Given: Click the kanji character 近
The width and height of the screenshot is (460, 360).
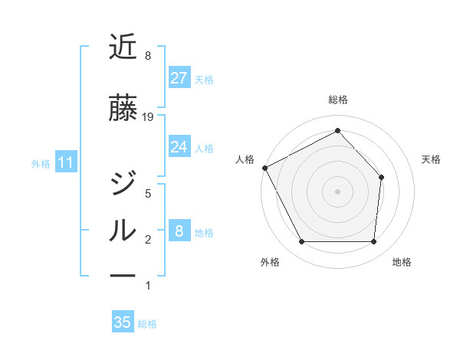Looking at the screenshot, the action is [123, 48].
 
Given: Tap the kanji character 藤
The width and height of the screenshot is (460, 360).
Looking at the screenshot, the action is [123, 108].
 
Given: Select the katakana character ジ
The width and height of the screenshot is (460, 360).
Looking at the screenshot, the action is [123, 184].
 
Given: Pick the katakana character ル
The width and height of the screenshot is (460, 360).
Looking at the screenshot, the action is [123, 231].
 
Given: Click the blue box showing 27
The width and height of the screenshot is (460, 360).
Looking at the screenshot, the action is [179, 78].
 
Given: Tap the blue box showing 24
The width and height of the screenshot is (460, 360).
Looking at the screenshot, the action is [179, 147].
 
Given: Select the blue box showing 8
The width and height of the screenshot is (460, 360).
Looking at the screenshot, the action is [179, 231].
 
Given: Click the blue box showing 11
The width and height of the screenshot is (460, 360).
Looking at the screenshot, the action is [65, 162].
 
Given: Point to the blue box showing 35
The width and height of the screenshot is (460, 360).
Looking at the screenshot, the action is [123, 322].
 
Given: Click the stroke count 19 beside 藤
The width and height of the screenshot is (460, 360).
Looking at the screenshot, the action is [149, 117].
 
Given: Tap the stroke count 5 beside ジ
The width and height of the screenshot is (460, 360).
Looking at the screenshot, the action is [148, 194].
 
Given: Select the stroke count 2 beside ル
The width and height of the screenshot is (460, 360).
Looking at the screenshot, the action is [148, 241].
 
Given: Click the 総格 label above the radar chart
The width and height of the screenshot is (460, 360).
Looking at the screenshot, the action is [337, 100].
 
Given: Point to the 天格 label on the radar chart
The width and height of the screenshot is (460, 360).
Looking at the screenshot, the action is [431, 159].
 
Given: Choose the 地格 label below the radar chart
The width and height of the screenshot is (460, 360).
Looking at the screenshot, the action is [402, 262].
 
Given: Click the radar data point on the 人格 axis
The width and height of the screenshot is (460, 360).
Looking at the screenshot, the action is [264, 168].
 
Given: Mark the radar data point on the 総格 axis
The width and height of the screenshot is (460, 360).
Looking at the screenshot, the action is [337, 131].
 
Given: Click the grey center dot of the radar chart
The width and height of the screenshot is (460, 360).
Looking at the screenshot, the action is [337, 191].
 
